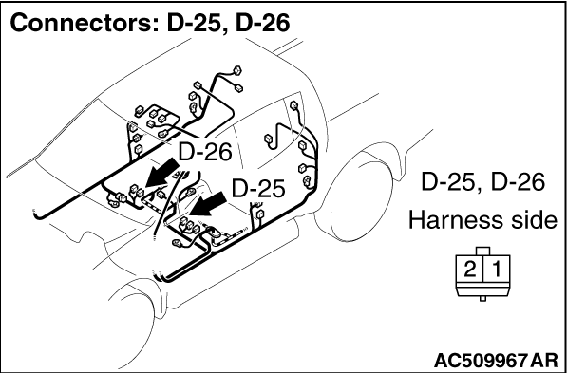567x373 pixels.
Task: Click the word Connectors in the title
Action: pos(83,23)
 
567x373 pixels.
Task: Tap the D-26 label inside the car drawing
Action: pos(204,152)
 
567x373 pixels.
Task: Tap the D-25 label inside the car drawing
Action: pos(258,188)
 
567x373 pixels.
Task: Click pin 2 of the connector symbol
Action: pos(470,270)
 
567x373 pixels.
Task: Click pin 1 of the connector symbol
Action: pos(497,270)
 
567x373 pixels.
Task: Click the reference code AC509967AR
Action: pos(496,360)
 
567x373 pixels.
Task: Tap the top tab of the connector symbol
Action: pos(483,252)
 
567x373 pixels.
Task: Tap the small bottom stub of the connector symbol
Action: pos(482,299)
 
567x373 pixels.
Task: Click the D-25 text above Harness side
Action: pos(448,182)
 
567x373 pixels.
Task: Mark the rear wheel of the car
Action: pos(362,198)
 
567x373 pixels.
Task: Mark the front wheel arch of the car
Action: pos(138,311)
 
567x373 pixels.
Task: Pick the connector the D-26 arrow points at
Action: pos(137,191)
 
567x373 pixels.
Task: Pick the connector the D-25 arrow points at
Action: pos(183,223)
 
